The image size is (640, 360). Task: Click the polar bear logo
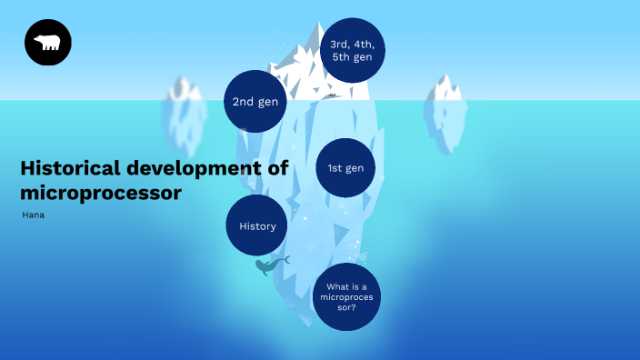click(x=48, y=43)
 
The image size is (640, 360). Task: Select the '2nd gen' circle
click(x=255, y=102)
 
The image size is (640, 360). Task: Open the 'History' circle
click(x=257, y=225)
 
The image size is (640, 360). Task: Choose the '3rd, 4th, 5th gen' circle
click(x=353, y=50)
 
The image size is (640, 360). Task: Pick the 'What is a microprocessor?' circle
click(x=345, y=297)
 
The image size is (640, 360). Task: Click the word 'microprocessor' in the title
click(x=100, y=193)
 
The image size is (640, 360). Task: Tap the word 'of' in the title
click(x=278, y=168)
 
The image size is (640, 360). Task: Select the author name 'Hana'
click(x=33, y=215)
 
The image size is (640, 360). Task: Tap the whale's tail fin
click(x=285, y=260)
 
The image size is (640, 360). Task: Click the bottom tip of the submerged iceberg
click(x=313, y=324)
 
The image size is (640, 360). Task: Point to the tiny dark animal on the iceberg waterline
click(x=332, y=95)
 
